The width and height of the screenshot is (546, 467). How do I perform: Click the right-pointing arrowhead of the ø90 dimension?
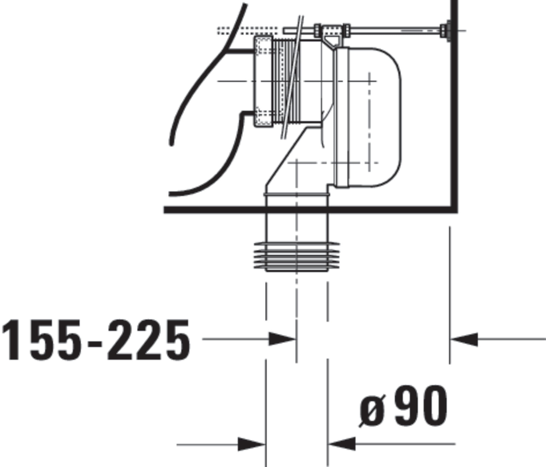251,444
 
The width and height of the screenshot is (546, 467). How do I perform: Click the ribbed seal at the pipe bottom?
297,257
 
